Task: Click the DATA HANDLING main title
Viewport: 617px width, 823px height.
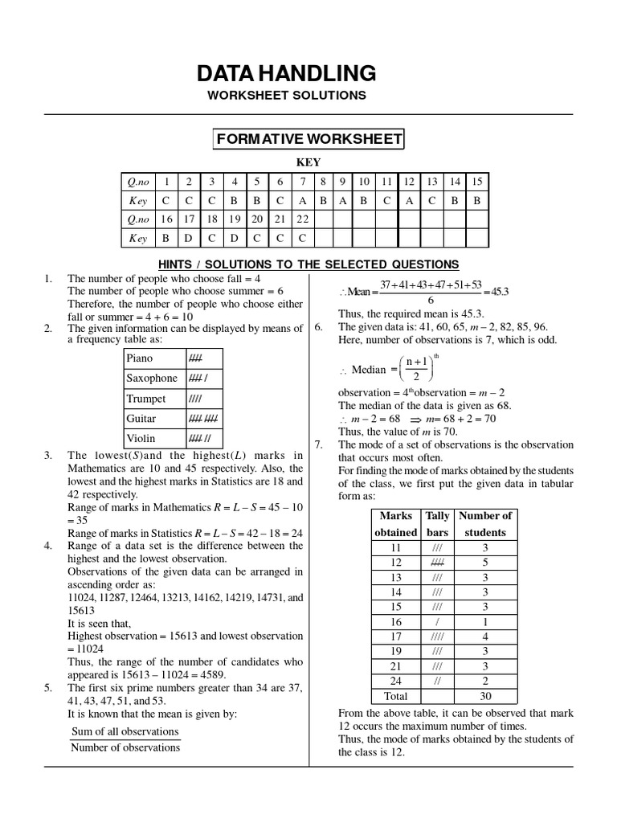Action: tap(286, 73)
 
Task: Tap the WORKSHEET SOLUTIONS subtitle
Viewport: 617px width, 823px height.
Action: tap(286, 96)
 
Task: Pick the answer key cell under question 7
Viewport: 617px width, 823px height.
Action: tap(302, 200)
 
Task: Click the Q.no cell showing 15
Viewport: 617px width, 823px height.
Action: tap(477, 182)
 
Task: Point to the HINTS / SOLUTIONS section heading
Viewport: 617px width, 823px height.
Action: tap(308, 264)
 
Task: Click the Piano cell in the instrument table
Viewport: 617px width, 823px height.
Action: tap(140, 358)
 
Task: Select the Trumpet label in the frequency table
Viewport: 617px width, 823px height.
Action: tap(146, 399)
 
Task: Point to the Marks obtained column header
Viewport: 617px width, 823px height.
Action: tap(395, 524)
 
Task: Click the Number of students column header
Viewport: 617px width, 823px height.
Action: tap(485, 524)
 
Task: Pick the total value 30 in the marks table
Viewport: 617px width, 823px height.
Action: tap(485, 697)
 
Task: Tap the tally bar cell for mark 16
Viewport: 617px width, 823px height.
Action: tap(437, 622)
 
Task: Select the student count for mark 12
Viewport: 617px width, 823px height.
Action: tap(485, 563)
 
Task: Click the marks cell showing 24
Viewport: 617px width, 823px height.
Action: tap(395, 681)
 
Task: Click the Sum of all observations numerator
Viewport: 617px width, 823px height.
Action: tap(125, 731)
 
